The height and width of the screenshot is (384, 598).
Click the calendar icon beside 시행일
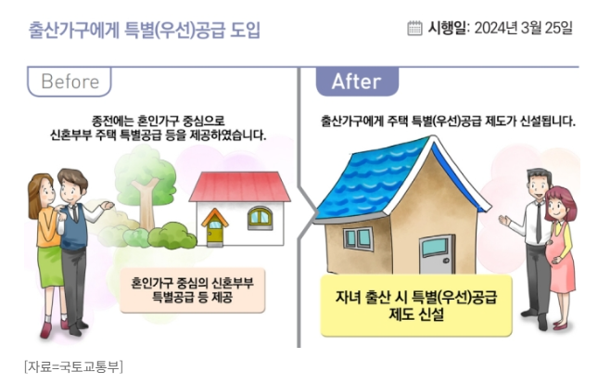(415, 28)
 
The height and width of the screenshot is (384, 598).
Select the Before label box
(70, 82)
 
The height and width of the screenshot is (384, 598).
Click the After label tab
(357, 82)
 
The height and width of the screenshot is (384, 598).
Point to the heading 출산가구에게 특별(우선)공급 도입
(145, 30)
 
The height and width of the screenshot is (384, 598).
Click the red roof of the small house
(239, 186)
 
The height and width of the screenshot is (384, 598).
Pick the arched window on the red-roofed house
(260, 219)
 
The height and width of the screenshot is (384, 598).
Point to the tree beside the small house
(143, 181)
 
